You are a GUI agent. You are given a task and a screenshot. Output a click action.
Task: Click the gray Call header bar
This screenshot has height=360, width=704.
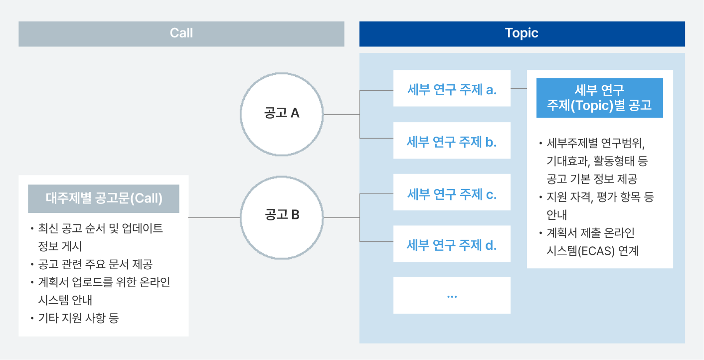[x=181, y=33]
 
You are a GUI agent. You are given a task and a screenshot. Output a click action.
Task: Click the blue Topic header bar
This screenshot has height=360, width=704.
[x=522, y=33]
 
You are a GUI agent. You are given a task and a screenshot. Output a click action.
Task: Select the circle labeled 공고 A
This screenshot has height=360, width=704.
[x=282, y=114]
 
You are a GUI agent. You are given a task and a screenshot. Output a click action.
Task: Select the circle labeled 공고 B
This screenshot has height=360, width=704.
[x=282, y=216]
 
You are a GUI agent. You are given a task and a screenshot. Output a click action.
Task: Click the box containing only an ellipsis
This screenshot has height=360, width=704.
[x=452, y=295]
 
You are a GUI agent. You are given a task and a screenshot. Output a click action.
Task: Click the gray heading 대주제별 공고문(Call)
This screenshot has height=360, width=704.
[x=104, y=198]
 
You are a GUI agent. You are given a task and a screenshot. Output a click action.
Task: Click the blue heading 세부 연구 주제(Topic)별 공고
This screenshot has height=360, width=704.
[x=599, y=98]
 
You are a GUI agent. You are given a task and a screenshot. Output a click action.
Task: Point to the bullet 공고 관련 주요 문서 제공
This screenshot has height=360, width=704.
[x=95, y=264]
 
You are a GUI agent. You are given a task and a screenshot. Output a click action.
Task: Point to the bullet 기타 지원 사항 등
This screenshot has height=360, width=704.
[x=78, y=318]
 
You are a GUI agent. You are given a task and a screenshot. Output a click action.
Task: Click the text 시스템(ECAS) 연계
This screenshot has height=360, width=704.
[x=592, y=251]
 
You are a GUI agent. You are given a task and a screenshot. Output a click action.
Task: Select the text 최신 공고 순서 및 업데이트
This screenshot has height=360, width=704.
[x=100, y=228]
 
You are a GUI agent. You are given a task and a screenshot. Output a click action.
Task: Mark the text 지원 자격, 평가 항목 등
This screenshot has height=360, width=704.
[x=600, y=197]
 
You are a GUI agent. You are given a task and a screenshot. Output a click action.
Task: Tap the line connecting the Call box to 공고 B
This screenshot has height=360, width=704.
[x=214, y=218]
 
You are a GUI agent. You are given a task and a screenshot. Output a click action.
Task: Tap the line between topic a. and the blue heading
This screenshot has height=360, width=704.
[x=519, y=88]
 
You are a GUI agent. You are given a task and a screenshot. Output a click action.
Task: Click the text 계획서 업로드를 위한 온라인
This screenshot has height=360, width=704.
[x=104, y=282]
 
